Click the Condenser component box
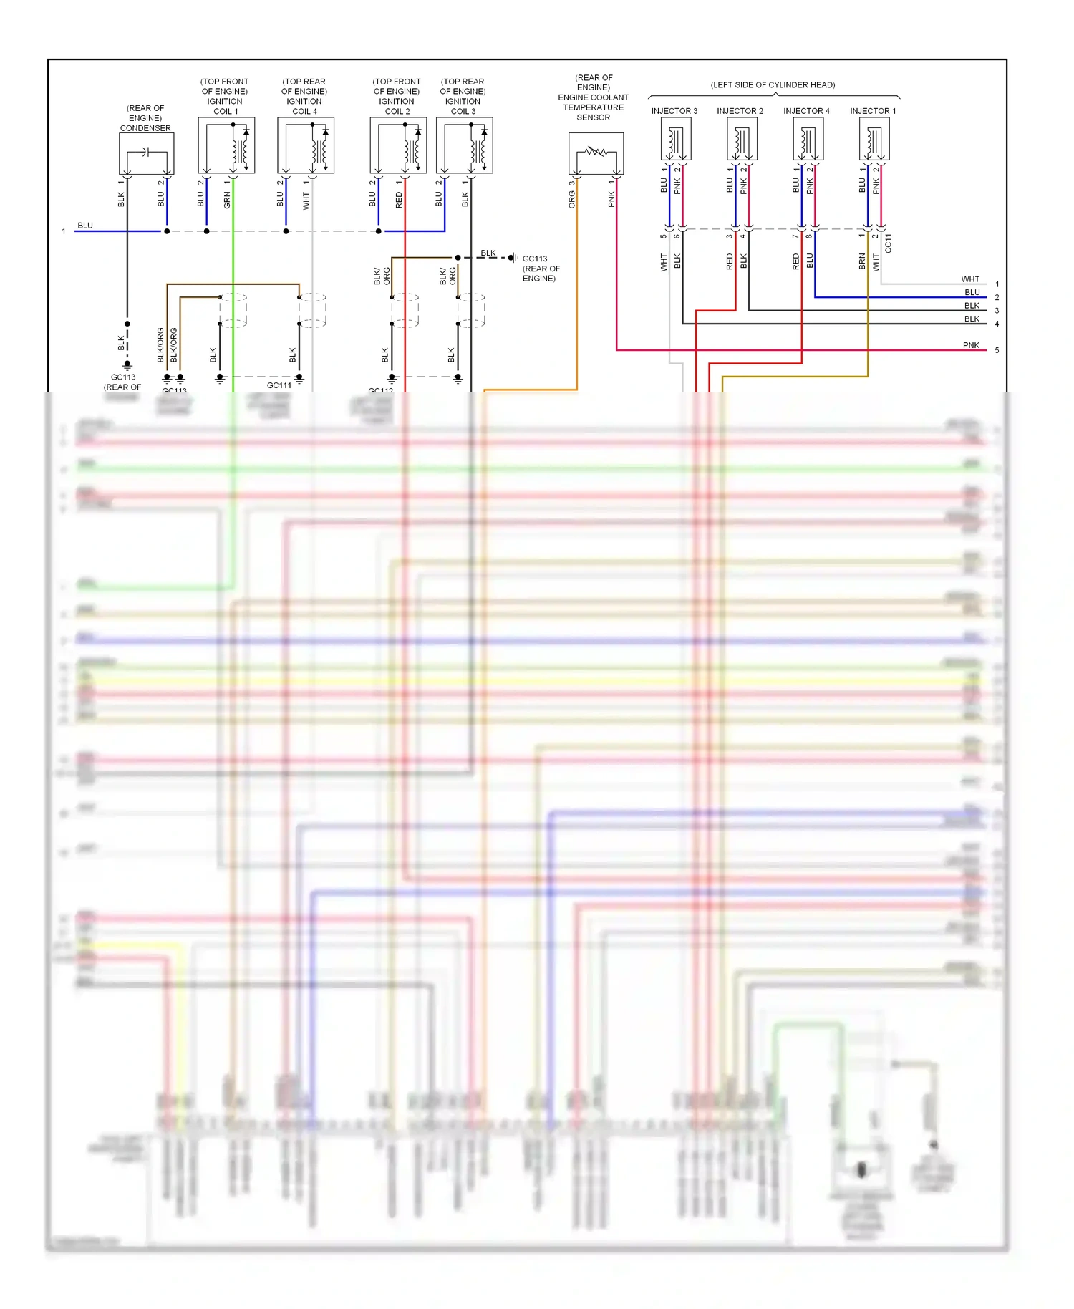point(146,153)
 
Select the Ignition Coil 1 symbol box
point(226,145)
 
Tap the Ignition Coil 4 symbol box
point(306,145)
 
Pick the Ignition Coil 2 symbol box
point(398,145)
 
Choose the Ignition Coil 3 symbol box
point(464,145)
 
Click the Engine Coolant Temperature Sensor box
point(596,153)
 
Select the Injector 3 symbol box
point(675,139)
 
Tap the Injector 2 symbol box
point(742,139)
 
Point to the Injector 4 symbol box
point(808,139)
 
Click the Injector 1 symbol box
point(874,139)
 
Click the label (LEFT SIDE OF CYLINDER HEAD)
point(773,85)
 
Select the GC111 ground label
point(279,385)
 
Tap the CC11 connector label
point(889,243)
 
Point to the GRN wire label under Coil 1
point(227,200)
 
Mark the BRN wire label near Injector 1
point(862,261)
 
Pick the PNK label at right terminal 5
point(971,345)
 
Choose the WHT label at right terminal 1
point(970,279)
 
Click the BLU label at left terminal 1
point(85,226)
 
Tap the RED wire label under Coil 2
point(399,200)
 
